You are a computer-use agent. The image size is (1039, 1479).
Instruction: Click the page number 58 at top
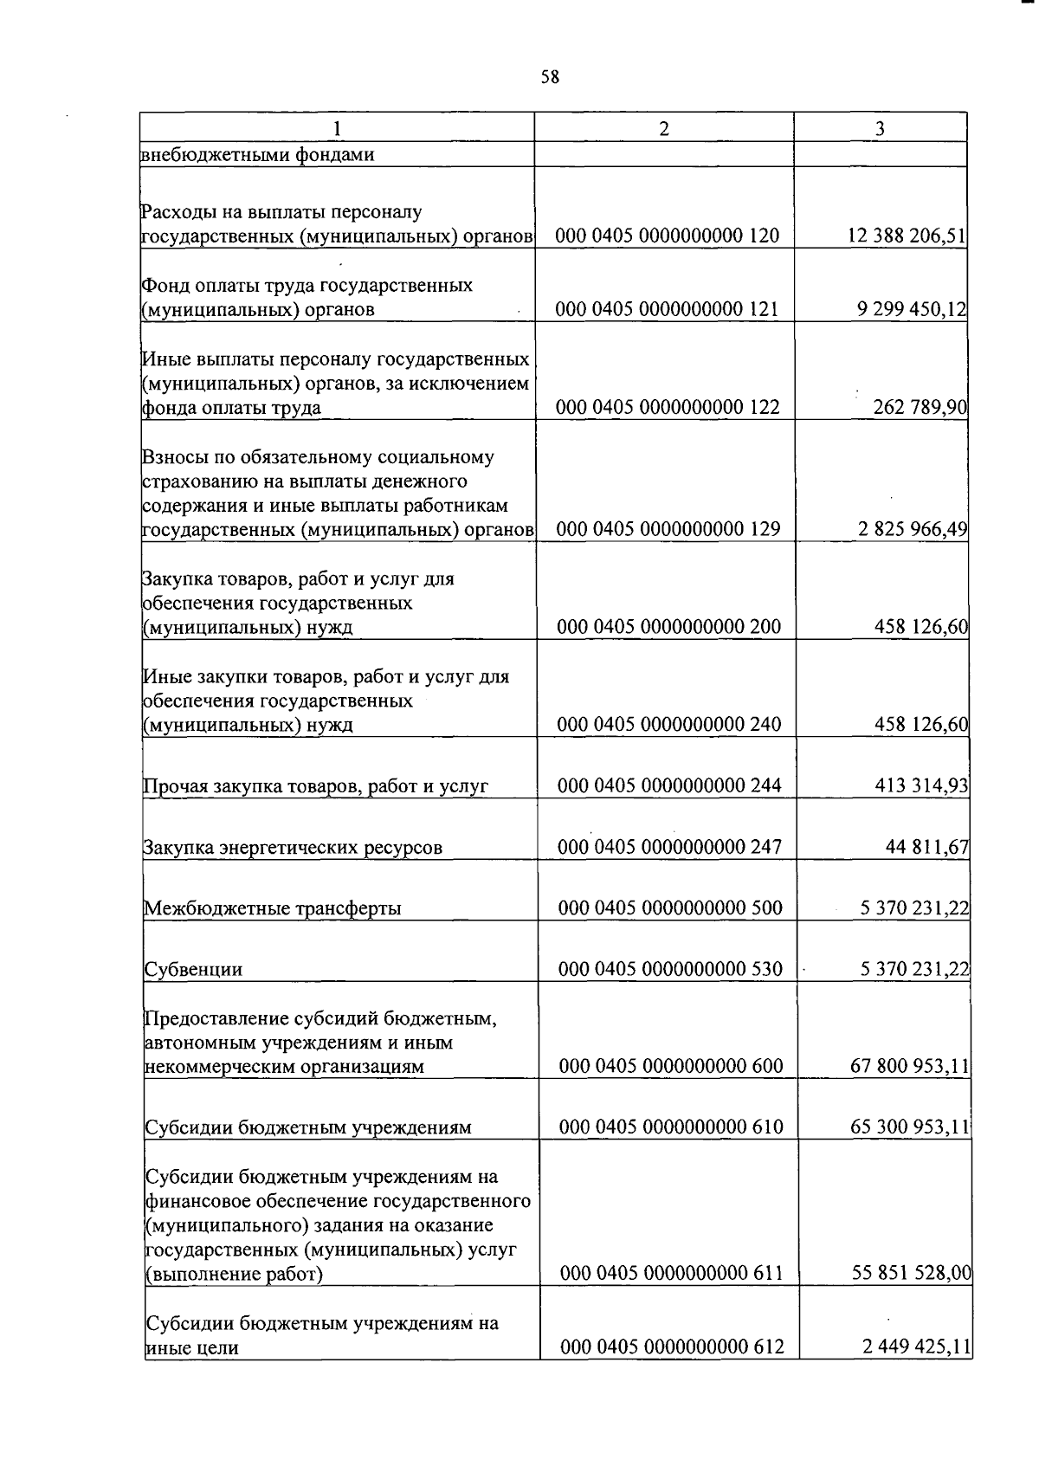pos(550,77)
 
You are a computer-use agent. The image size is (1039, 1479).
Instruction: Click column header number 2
pos(663,128)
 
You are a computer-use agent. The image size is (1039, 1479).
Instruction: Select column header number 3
pos(880,128)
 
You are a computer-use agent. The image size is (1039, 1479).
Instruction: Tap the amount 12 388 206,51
pos(907,236)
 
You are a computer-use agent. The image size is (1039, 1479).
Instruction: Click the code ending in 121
pos(668,309)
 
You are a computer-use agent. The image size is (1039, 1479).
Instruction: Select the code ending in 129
pos(668,529)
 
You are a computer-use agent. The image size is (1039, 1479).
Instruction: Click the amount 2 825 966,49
pos(913,529)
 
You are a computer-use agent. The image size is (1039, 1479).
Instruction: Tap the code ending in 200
pos(668,627)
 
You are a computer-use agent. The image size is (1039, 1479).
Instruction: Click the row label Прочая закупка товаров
pos(316,786)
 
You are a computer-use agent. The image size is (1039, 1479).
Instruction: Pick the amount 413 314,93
pos(921,785)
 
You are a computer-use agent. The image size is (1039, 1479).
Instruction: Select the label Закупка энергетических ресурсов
pos(293,848)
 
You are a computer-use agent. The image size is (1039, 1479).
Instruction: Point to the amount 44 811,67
pos(926,847)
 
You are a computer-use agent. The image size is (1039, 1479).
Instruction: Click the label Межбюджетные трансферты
pos(272,908)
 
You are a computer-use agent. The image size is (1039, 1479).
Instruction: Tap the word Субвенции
pos(193,970)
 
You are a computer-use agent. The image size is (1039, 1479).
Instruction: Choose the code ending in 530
pos(670,969)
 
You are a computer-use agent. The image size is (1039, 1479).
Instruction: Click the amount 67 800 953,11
pos(910,1066)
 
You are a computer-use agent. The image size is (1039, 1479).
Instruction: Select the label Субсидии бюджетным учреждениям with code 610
pos(308,1127)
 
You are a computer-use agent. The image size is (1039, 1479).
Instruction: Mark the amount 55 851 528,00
pos(911,1273)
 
